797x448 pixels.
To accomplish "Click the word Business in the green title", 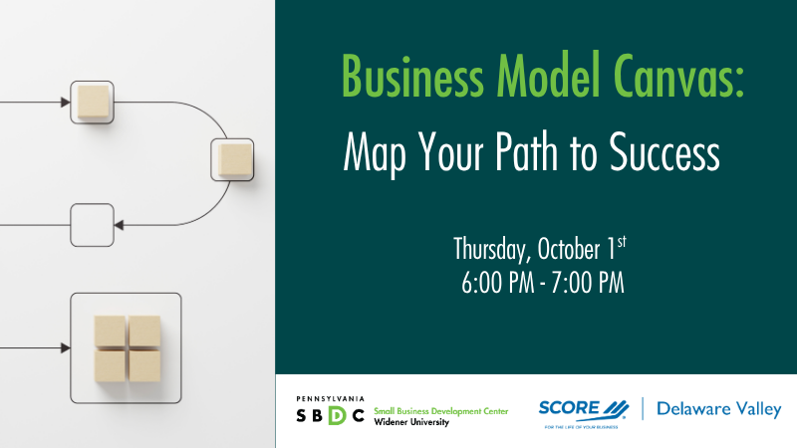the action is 412,76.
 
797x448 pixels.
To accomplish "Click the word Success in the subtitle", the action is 664,152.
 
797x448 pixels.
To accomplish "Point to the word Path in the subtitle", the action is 526,151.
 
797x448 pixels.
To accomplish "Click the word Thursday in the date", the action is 488,250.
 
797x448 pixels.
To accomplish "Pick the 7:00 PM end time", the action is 587,283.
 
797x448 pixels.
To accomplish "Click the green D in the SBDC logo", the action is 337,415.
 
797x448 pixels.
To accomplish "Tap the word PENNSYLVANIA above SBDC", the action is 330,399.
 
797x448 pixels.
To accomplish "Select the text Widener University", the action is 411,422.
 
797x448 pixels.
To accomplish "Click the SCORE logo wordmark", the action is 584,409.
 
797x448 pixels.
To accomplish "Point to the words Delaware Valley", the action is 718,409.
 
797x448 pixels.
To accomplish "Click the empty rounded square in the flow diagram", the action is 92,225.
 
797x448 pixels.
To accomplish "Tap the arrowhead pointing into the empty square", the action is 119,225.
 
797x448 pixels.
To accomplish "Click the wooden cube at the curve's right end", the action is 235,159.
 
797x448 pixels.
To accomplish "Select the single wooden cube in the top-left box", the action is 93,102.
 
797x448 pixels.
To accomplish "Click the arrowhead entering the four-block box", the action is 66,347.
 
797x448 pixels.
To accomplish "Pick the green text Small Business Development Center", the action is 440,411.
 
